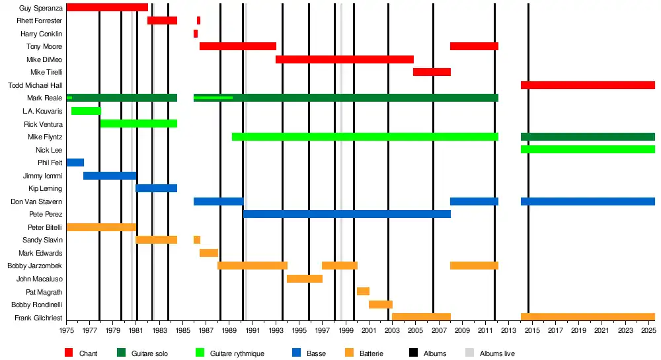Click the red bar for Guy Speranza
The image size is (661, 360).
107,7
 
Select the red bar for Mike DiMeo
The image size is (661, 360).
344,59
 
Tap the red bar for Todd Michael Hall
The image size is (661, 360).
588,85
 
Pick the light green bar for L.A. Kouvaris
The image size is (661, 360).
86,111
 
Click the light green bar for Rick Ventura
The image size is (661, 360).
138,124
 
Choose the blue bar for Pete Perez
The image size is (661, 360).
347,214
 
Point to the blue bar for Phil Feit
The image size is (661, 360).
75,162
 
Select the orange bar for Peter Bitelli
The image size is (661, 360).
101,227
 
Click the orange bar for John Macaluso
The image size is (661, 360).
305,279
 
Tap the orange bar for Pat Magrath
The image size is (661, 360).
363,291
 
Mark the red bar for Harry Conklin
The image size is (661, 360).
196,34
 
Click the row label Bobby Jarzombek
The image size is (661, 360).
35,266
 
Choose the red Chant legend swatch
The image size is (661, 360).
69,353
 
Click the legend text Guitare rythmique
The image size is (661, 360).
237,354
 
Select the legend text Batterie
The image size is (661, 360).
371,354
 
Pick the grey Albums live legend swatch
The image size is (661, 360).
470,353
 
